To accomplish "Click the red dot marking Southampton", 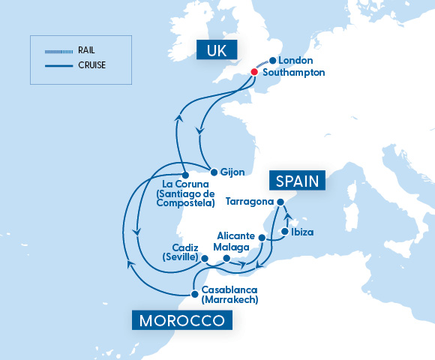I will (x=254, y=72).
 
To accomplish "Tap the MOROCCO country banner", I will (x=181, y=321).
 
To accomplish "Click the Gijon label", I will (x=232, y=172).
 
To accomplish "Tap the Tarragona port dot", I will (x=280, y=202).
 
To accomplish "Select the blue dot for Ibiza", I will (x=284, y=232).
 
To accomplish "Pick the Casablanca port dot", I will (x=194, y=289).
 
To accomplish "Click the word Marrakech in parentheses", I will (x=230, y=300).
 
